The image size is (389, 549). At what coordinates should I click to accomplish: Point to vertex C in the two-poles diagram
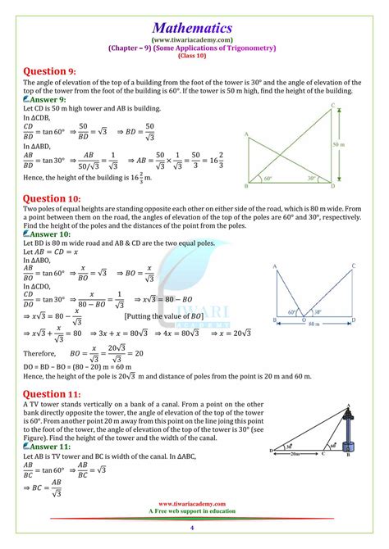(353, 266)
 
